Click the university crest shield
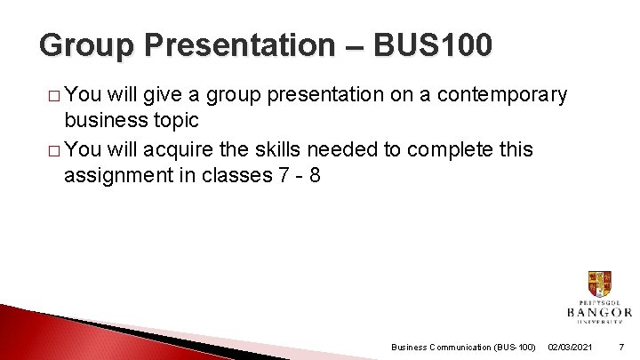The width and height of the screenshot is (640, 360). click(599, 284)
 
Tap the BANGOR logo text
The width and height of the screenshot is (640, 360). click(599, 312)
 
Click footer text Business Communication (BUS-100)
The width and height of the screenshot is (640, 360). click(463, 347)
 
